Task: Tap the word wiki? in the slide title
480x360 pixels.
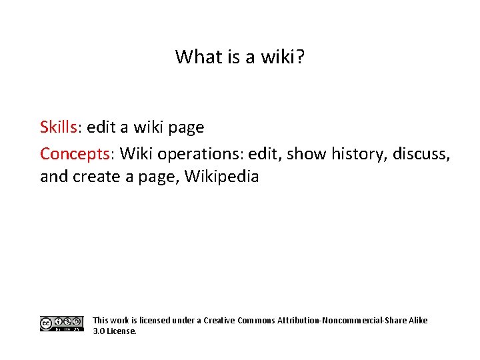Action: [283, 57]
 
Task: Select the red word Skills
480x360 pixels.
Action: [59, 127]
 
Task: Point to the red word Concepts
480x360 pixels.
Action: [75, 154]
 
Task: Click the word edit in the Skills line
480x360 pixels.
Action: [102, 127]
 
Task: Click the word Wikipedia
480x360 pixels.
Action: [221, 177]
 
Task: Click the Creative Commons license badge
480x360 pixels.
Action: [61, 324]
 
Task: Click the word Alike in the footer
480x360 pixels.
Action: [415, 321]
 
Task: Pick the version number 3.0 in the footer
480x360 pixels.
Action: [99, 331]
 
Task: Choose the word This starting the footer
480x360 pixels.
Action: [101, 321]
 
